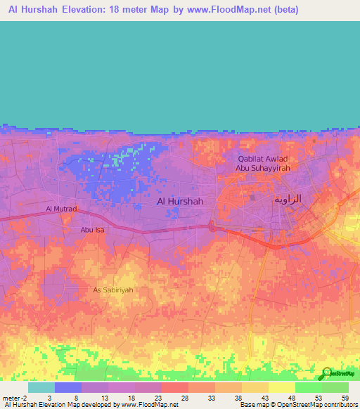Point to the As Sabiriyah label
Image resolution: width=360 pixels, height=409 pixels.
point(113,289)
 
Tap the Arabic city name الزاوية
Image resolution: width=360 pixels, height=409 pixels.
point(286,199)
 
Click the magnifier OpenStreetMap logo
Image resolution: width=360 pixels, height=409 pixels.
point(327,374)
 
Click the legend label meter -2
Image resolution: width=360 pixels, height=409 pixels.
point(15,397)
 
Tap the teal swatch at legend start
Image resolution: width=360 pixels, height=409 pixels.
point(41,387)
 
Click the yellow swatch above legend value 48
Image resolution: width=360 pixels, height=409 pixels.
point(281,387)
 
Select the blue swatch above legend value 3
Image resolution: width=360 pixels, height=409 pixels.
point(67,387)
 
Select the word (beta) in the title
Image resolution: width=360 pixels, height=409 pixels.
point(286,10)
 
